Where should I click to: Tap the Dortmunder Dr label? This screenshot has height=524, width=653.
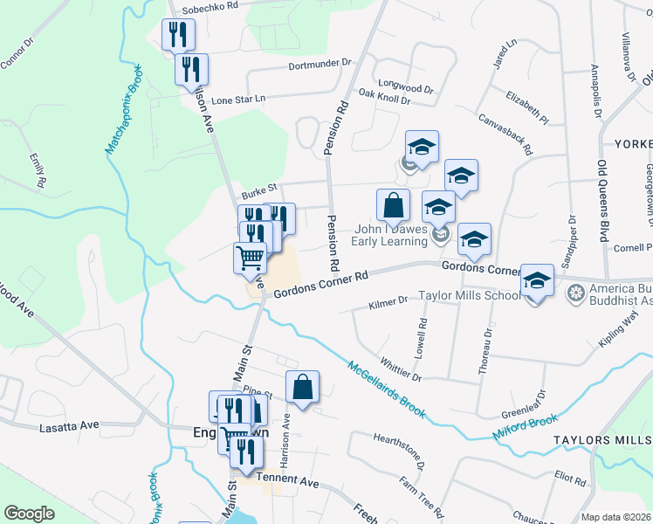point(319,63)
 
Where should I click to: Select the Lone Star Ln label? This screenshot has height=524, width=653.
point(237,100)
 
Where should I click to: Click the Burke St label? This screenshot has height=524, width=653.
point(258,187)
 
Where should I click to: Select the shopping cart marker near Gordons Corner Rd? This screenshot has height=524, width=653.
point(250,258)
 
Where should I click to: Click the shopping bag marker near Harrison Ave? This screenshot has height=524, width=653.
point(302,387)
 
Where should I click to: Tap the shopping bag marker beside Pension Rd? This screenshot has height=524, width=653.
point(394,206)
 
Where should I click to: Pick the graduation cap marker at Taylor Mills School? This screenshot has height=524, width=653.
point(538,281)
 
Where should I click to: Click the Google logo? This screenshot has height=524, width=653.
point(29,514)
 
